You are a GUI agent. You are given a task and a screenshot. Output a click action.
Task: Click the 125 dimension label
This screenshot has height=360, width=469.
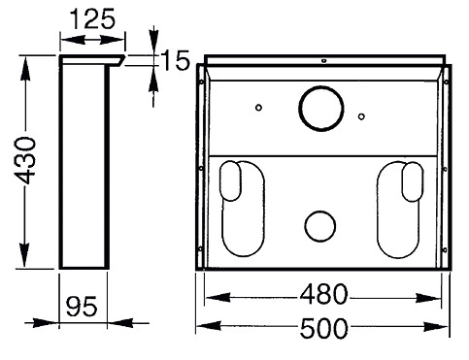click(92, 18)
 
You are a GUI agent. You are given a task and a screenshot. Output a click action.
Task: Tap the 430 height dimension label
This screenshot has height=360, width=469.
click(24, 160)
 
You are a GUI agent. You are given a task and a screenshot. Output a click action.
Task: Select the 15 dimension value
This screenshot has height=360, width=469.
click(175, 60)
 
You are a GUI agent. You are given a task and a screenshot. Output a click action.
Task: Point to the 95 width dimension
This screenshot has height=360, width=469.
click(82, 306)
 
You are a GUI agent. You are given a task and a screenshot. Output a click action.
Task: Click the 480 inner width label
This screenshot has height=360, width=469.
click(323, 294)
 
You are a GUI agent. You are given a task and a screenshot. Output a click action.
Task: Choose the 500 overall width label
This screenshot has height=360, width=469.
click(323, 329)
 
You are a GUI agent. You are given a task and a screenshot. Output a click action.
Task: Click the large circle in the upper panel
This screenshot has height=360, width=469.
click(321, 109)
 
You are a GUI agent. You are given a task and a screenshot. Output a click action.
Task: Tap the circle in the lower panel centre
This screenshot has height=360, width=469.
click(319, 226)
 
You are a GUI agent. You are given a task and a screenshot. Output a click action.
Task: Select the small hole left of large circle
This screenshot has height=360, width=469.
click(258, 107)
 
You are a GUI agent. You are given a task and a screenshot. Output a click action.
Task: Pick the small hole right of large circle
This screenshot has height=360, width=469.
click(361, 116)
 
